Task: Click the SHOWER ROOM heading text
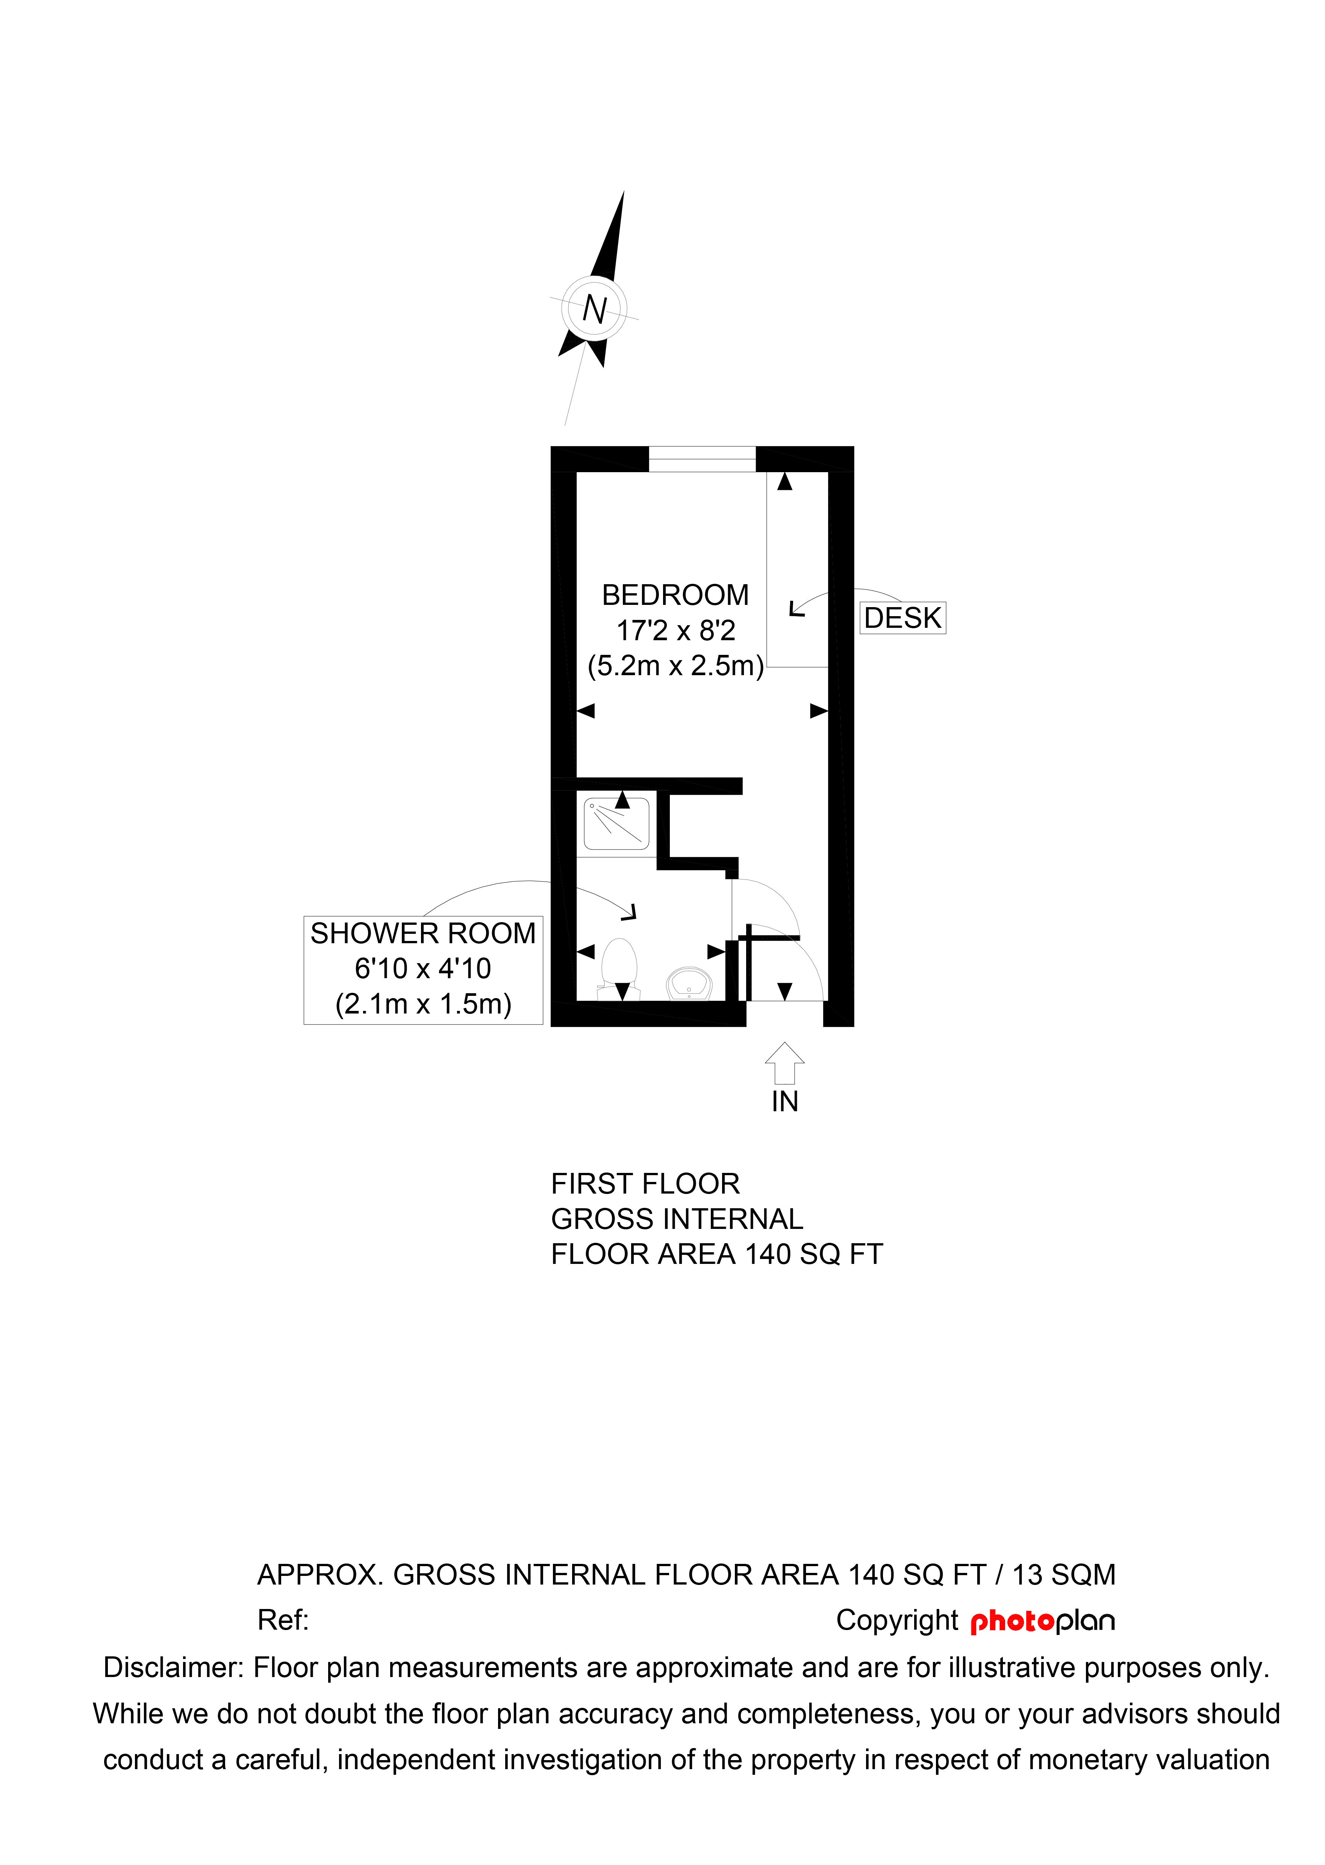pos(422,933)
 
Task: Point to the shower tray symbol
pos(617,824)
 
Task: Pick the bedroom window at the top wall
pos(702,459)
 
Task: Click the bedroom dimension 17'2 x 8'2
pos(675,631)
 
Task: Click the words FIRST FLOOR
pos(645,1184)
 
